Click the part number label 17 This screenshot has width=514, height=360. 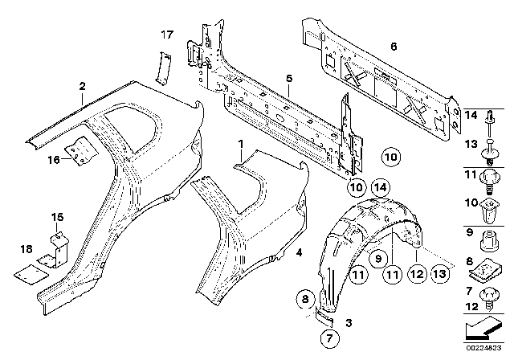pyautogui.click(x=166, y=35)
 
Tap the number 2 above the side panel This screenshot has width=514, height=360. pyautogui.click(x=82, y=85)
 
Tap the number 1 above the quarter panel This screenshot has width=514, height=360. pyautogui.click(x=239, y=145)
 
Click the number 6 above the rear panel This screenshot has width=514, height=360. pyautogui.click(x=393, y=46)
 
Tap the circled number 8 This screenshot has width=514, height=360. pyautogui.click(x=304, y=301)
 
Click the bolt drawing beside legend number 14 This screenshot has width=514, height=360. pyautogui.click(x=489, y=121)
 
